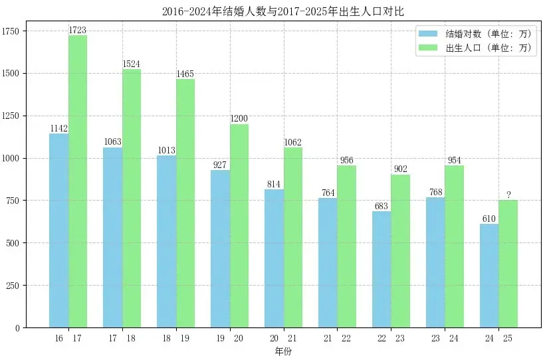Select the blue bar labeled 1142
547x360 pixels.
point(58,230)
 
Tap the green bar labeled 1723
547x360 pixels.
point(78,181)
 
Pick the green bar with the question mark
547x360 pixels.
point(508,264)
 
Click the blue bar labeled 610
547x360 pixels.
point(489,276)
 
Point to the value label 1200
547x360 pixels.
point(239,119)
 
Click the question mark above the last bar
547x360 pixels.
point(508,195)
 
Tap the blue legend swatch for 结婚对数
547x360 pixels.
point(429,33)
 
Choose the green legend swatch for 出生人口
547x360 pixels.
point(429,48)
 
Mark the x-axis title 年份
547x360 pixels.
point(282,351)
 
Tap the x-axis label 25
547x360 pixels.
point(508,339)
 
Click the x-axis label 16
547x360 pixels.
point(59,339)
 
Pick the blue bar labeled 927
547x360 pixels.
point(220,249)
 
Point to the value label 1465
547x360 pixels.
point(185,74)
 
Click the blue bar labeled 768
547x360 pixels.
point(435,262)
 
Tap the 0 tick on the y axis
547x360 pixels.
point(19,328)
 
